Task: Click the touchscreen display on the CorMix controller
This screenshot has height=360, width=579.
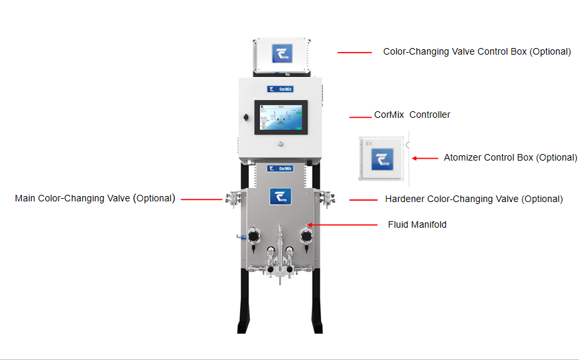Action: pyautogui.click(x=280, y=118)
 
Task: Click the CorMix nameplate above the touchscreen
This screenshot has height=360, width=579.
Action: pyautogui.click(x=280, y=89)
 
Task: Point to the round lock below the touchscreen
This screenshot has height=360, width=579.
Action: pyautogui.click(x=280, y=143)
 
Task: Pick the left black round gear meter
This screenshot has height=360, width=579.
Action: pyautogui.click(x=254, y=234)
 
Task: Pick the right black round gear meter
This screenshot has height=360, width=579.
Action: pyautogui.click(x=306, y=234)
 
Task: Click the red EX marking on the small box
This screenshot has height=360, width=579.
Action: pyautogui.click(x=369, y=142)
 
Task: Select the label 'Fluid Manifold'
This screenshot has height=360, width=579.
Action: pyautogui.click(x=417, y=225)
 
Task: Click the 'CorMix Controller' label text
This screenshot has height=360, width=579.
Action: pyautogui.click(x=412, y=115)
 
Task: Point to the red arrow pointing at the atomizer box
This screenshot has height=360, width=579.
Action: pyautogui.click(x=424, y=158)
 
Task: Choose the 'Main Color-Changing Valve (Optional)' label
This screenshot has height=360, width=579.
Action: pyautogui.click(x=95, y=198)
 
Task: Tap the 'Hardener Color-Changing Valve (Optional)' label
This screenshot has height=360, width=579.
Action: pyautogui.click(x=474, y=199)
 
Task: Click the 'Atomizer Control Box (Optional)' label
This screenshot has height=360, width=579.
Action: pyautogui.click(x=510, y=158)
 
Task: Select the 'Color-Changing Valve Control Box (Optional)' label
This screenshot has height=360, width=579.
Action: pyautogui.click(x=477, y=51)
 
